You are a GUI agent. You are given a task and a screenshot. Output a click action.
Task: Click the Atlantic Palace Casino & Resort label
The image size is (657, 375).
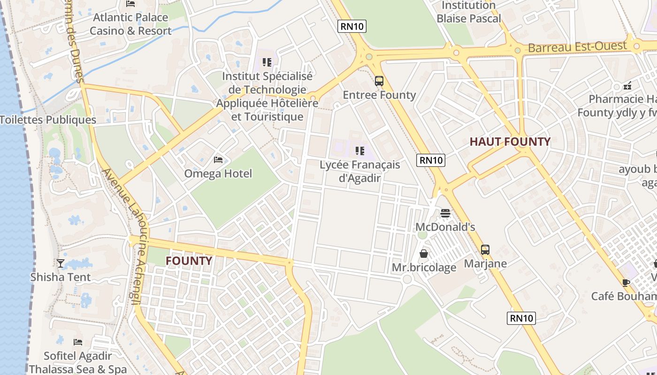pyautogui.click(x=130, y=24)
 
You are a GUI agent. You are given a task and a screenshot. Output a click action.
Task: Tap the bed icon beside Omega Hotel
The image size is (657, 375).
pyautogui.click(x=218, y=160)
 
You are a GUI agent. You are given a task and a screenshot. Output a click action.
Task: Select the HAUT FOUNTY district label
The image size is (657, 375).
pyautogui.click(x=510, y=142)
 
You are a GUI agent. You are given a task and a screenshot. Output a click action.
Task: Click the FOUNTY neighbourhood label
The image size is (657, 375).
pyautogui.click(x=189, y=261)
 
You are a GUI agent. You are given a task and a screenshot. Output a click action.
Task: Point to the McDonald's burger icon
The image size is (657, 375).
pyautogui.click(x=445, y=214)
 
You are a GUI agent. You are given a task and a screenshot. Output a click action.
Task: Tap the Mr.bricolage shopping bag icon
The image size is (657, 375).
pyautogui.click(x=424, y=254)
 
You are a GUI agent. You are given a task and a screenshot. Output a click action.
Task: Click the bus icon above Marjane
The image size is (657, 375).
pyautogui.click(x=485, y=250)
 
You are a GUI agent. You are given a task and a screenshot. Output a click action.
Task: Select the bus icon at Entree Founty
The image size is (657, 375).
pyautogui.click(x=379, y=81)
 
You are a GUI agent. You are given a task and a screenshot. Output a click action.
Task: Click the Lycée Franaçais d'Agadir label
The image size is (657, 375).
pyautogui.click(x=360, y=171)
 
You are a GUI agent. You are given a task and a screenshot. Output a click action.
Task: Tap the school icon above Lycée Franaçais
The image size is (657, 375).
pyautogui.click(x=360, y=151)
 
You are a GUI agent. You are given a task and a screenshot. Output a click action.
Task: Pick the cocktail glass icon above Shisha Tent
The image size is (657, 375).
pyautogui.click(x=61, y=263)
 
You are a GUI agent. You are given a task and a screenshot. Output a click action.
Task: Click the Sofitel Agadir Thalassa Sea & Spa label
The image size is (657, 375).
pyautogui.click(x=78, y=363)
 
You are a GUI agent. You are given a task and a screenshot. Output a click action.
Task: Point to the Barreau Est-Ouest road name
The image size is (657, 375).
pyautogui.click(x=577, y=47)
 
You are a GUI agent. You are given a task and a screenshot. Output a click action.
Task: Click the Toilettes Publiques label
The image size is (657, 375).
pyautogui.click(x=48, y=120)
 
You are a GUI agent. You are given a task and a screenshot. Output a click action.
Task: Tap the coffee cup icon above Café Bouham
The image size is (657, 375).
pyautogui.click(x=626, y=283)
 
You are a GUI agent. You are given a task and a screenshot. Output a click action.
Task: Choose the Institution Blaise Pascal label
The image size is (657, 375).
pyautogui.click(x=469, y=12)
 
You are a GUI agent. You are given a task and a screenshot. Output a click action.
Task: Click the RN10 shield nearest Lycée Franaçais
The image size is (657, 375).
pyautogui.click(x=431, y=160)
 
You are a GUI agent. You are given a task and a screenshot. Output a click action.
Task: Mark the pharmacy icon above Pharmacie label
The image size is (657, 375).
pyautogui.click(x=627, y=86)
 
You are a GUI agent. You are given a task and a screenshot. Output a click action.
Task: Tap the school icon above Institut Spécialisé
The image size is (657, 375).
pyautogui.click(x=267, y=62)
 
